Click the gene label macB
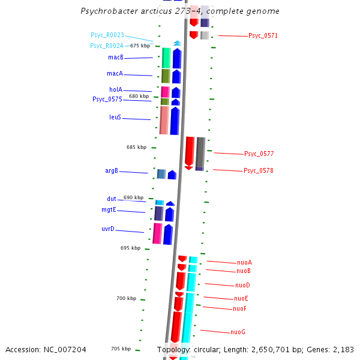116,58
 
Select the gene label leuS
115,118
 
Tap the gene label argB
112,171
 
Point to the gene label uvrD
107,229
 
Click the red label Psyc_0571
263,36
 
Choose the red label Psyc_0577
259,154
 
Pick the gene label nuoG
238,332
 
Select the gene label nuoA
244,263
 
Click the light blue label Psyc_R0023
107,35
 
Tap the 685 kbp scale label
136,147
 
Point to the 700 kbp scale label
126,298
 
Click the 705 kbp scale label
121,349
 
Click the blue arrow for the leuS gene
175,121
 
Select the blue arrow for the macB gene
176,58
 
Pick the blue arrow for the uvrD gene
168,234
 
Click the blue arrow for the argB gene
172,175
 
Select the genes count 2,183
341,349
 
